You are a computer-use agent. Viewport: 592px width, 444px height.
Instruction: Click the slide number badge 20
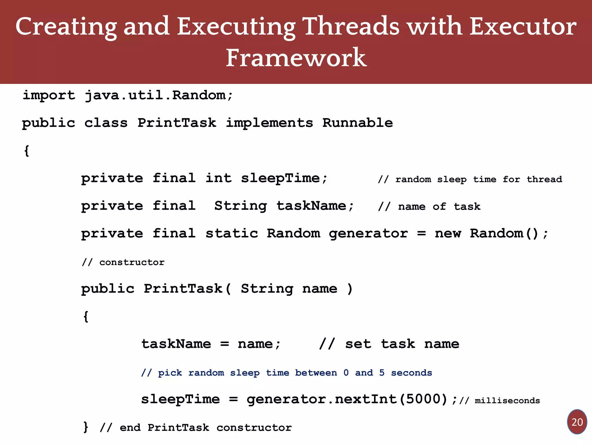(577, 422)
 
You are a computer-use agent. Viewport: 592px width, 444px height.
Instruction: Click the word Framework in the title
(296, 58)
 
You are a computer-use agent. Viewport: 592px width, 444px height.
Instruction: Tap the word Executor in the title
(523, 27)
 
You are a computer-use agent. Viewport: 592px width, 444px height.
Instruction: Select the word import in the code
(49, 95)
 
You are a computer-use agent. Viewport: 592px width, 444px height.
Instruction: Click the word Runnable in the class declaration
(358, 123)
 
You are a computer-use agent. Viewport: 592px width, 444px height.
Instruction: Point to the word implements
(269, 123)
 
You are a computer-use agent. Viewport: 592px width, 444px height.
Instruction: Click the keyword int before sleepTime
(219, 178)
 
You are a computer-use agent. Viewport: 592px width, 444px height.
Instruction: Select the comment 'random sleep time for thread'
(470, 180)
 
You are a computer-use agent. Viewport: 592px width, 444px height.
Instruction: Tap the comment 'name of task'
(429, 207)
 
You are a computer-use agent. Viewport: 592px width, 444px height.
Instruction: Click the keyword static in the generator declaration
(232, 234)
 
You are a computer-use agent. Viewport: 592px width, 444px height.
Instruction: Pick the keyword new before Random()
(448, 234)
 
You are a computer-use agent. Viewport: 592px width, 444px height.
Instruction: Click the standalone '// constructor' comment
(123, 262)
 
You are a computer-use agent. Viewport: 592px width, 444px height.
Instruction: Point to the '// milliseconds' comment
(500, 401)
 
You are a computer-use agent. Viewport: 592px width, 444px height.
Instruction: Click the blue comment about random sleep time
(286, 373)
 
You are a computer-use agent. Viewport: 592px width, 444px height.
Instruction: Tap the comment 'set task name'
(389, 344)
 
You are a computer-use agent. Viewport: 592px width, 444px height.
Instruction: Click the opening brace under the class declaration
(27, 151)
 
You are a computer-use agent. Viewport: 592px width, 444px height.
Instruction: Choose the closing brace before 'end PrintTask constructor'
(86, 427)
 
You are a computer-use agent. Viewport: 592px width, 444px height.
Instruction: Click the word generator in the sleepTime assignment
(286, 399)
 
